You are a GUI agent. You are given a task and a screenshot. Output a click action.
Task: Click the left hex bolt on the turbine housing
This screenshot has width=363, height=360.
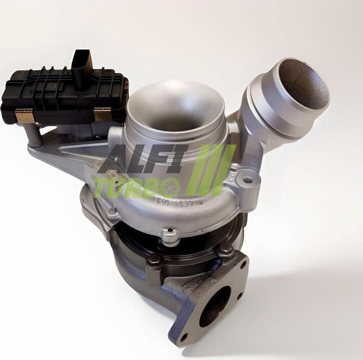(154, 260)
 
